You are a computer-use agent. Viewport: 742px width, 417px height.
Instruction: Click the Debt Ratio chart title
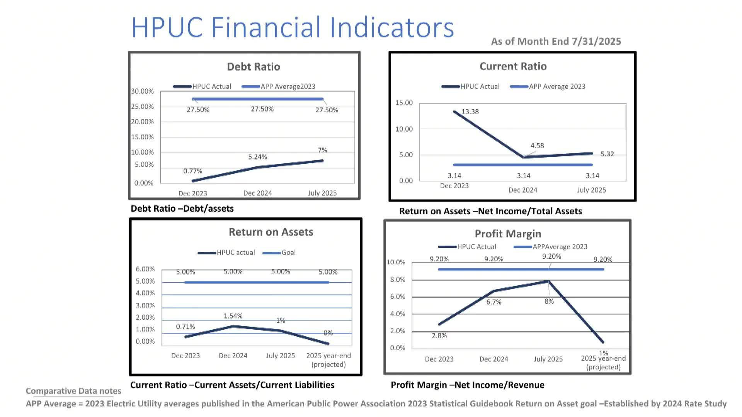click(254, 66)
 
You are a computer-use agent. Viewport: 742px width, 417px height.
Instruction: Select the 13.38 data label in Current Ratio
click(470, 112)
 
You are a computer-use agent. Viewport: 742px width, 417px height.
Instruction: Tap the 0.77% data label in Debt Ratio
click(192, 171)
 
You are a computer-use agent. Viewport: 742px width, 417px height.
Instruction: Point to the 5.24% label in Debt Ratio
click(257, 157)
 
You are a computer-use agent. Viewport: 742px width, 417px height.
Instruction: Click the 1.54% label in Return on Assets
click(233, 316)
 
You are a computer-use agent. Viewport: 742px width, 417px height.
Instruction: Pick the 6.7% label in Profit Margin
click(494, 302)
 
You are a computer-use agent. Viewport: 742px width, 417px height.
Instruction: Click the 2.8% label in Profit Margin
click(439, 336)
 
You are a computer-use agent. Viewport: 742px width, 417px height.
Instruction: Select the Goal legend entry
click(288, 253)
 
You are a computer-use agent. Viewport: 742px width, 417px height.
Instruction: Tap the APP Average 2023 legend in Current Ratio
click(557, 86)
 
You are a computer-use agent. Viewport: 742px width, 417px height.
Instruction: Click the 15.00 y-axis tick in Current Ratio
click(404, 103)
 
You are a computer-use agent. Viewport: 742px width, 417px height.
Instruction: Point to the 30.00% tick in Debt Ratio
click(142, 91)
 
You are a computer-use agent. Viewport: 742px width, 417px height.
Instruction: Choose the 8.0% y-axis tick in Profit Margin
click(397, 280)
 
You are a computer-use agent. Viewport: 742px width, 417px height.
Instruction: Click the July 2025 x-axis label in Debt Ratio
click(322, 193)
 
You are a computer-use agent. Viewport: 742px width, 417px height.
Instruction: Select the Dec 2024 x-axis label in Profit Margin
click(494, 359)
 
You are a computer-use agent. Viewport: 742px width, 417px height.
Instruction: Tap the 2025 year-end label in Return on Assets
click(328, 356)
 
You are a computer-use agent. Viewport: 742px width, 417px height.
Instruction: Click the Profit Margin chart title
click(508, 234)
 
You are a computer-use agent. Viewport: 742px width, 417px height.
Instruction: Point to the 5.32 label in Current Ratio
click(607, 154)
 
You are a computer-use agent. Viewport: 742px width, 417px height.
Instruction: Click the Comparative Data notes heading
click(73, 391)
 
